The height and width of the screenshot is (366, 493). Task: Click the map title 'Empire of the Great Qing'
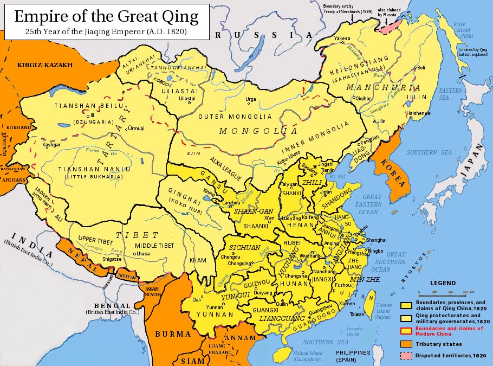106,16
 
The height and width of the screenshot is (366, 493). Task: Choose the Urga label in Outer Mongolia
251,100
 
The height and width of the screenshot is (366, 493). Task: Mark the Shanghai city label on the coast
376,240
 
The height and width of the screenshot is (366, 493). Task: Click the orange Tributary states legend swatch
407,344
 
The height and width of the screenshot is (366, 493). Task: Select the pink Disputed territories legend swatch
407,356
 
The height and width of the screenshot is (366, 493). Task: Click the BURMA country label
173,334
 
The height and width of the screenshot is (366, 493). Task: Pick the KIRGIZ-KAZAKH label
45,65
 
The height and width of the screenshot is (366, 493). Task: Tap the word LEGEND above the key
443,283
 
